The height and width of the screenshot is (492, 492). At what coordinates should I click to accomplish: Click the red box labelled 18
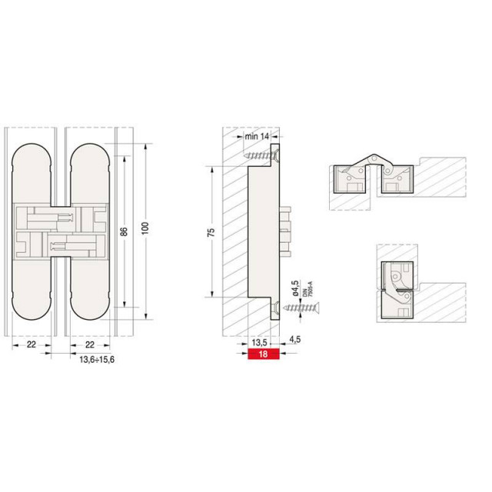point(263,355)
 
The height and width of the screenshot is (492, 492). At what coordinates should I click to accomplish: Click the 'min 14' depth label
point(254,136)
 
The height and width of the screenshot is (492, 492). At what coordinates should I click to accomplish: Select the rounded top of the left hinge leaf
point(32,154)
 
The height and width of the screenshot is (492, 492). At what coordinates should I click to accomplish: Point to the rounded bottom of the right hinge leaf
point(89,307)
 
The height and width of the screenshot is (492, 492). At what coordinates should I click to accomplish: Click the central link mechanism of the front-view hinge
point(60,230)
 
